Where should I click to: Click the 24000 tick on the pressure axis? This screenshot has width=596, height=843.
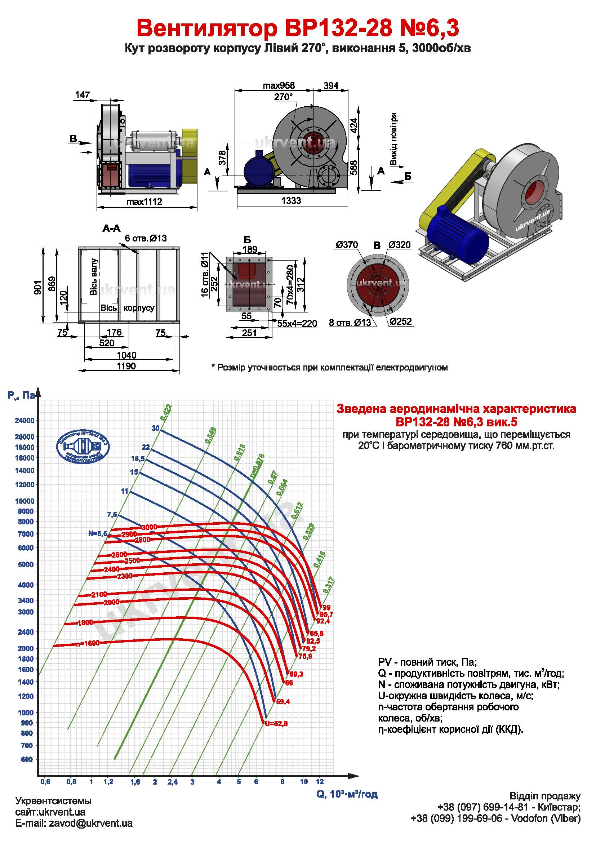(24, 420)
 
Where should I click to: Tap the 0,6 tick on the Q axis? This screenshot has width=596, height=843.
(45, 782)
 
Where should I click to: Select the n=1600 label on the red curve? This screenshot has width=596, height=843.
(88, 644)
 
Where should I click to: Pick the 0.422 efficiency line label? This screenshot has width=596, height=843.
(166, 412)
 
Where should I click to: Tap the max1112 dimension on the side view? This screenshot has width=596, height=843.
(144, 201)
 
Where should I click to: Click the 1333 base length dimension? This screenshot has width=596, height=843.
(291, 200)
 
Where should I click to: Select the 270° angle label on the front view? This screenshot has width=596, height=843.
(283, 97)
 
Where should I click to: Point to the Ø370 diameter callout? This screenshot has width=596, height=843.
(347, 245)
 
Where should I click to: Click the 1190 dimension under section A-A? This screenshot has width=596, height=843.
(126, 366)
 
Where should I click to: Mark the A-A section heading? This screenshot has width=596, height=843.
(111, 229)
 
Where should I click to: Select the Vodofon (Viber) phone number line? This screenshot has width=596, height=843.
(495, 829)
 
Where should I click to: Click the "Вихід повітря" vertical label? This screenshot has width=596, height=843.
(393, 139)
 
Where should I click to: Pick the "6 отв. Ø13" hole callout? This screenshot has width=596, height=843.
(146, 238)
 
